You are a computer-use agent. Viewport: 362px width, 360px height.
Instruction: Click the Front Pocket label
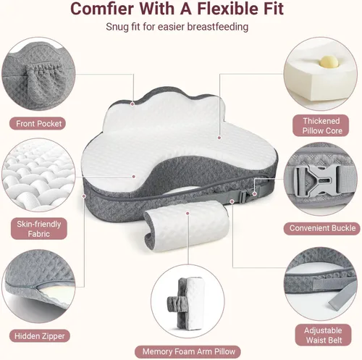[x=38, y=124]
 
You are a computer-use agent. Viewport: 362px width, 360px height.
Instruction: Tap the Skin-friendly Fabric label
[x=39, y=229]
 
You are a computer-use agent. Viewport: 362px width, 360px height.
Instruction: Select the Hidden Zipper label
[x=40, y=336]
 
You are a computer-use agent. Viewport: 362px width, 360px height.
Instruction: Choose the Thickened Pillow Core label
[x=321, y=125]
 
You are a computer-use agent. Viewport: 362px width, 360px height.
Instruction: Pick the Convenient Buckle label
[x=322, y=228]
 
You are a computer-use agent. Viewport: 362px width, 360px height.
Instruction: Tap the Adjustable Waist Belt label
[x=323, y=335]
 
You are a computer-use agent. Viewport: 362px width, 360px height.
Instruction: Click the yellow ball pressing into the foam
[x=327, y=62]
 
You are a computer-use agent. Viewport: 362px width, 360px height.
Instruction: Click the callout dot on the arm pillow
[x=188, y=213]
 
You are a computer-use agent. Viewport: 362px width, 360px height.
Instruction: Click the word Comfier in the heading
[x=101, y=9]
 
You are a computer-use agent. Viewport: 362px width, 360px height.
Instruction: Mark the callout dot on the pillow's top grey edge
[x=132, y=104]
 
